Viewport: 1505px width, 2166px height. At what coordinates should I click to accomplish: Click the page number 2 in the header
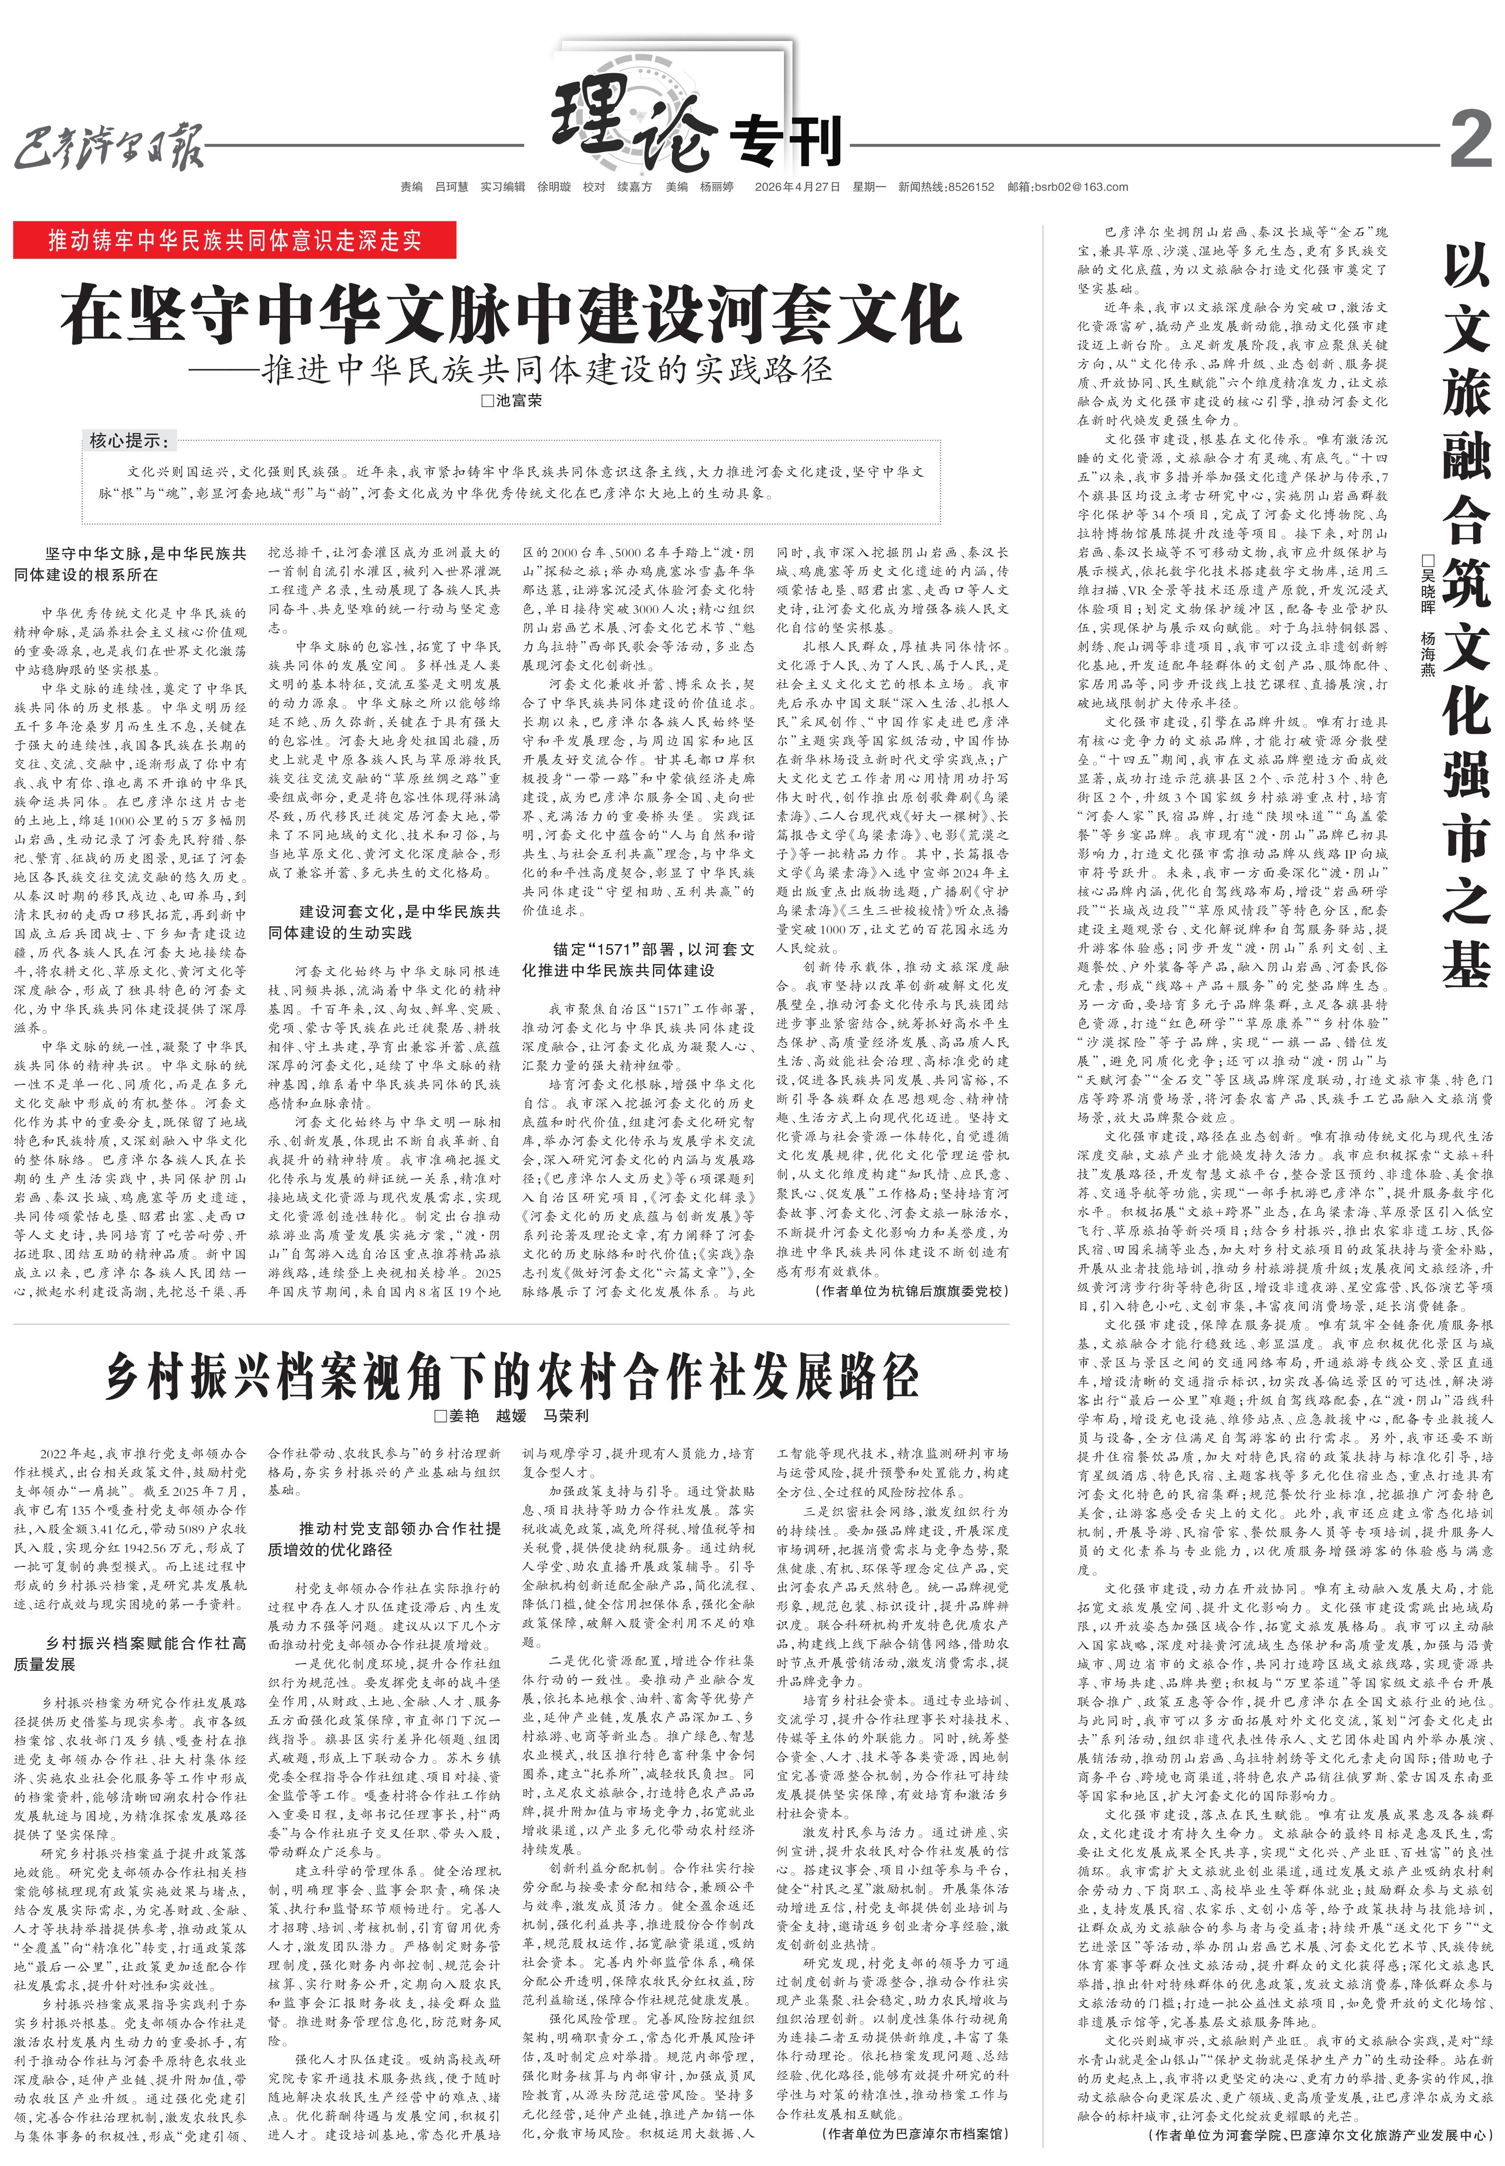pos(1469,139)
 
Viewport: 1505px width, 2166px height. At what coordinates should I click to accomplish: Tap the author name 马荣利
pos(566,1415)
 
